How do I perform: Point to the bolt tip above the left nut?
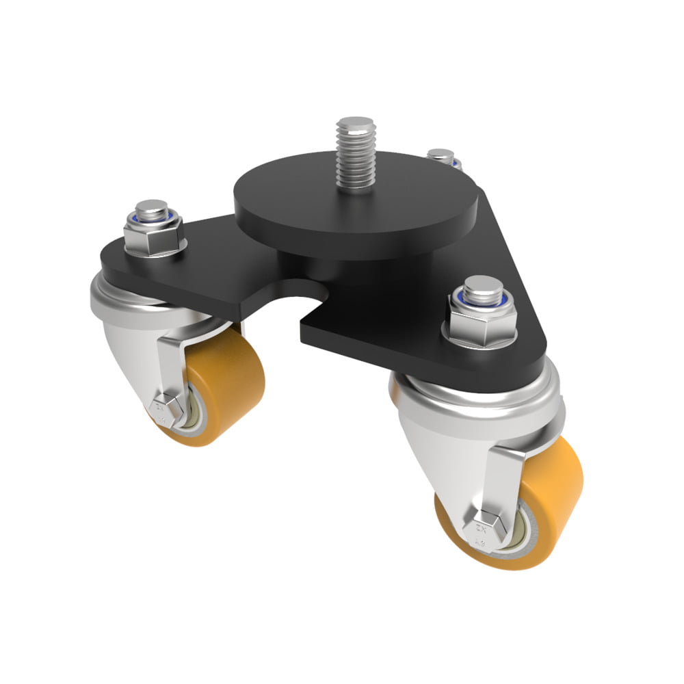[151, 207]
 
